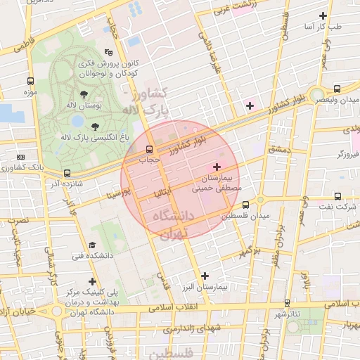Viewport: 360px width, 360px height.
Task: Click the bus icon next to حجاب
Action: coord(148,149)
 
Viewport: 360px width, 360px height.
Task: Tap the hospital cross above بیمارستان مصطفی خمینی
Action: coord(217,167)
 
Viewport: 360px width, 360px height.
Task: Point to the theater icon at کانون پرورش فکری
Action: coord(108,52)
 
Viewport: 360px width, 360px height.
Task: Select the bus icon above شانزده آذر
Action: coord(67,173)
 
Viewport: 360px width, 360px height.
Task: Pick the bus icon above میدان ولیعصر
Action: coord(337,89)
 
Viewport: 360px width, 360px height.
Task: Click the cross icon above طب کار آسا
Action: coord(323,15)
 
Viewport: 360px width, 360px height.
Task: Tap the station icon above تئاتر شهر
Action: coord(286,302)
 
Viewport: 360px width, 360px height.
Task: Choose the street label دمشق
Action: coord(278,150)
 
